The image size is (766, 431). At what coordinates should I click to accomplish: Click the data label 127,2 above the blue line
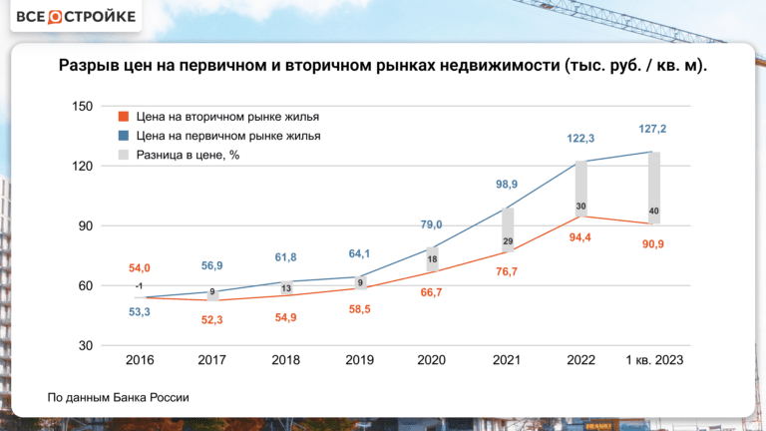pyautogui.click(x=653, y=129)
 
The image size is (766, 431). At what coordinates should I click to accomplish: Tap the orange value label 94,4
pyautogui.click(x=580, y=237)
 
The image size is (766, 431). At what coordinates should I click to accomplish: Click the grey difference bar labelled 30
pyautogui.click(x=580, y=189)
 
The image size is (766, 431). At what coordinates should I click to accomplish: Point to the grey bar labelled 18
pyautogui.click(x=432, y=259)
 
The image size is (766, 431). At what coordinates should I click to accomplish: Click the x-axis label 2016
pyautogui.click(x=140, y=360)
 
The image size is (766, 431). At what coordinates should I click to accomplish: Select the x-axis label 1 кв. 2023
pyautogui.click(x=653, y=360)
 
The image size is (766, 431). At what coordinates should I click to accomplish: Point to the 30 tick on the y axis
pyautogui.click(x=85, y=345)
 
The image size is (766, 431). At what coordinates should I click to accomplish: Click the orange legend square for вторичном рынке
pyautogui.click(x=124, y=116)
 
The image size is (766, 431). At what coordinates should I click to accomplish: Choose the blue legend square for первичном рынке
pyautogui.click(x=124, y=136)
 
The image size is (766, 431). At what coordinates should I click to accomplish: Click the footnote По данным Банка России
pyautogui.click(x=118, y=397)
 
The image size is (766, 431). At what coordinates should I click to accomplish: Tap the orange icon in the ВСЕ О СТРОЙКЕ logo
pyautogui.click(x=55, y=16)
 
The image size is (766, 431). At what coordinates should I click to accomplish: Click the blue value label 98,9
pyautogui.click(x=508, y=185)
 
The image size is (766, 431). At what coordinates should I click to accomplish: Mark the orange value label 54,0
pyautogui.click(x=140, y=268)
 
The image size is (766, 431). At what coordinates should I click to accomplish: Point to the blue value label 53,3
pyautogui.click(x=140, y=312)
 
